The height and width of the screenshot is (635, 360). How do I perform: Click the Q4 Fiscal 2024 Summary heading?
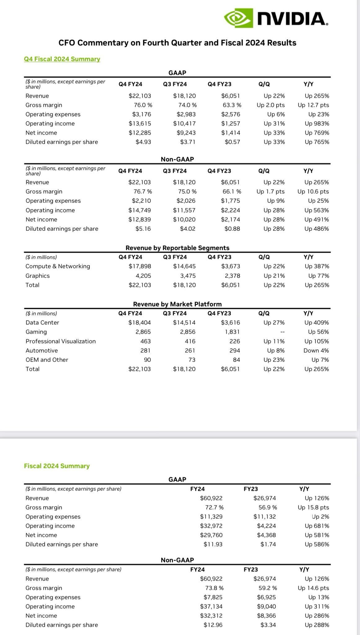tap(62, 59)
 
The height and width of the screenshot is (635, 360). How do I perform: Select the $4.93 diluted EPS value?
tap(143, 142)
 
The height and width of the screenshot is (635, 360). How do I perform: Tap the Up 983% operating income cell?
tap(317, 123)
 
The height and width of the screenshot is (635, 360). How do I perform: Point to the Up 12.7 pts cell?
tap(313, 105)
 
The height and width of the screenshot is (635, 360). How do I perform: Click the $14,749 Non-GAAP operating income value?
tap(140, 210)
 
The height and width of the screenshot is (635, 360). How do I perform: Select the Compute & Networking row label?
tap(58, 266)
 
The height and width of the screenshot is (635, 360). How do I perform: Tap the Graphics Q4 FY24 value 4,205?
tap(144, 276)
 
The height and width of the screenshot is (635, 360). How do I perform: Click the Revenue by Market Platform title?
tap(177, 304)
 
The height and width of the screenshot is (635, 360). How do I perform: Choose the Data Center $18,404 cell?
tap(140, 322)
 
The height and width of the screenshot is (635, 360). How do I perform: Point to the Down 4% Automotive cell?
tap(316, 350)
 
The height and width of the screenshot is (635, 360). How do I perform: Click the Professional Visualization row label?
tap(61, 341)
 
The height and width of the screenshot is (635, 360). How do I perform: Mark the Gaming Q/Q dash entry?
tap(282, 332)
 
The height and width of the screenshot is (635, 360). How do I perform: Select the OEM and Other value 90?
tap(147, 360)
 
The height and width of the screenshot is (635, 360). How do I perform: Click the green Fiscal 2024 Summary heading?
tap(57, 466)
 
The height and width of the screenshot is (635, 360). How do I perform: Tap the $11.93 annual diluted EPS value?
tap(213, 544)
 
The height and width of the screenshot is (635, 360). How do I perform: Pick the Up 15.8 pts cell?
tap(313, 507)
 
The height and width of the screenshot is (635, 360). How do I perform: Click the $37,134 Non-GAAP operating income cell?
tap(211, 606)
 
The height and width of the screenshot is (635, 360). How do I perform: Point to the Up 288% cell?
tap(317, 625)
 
